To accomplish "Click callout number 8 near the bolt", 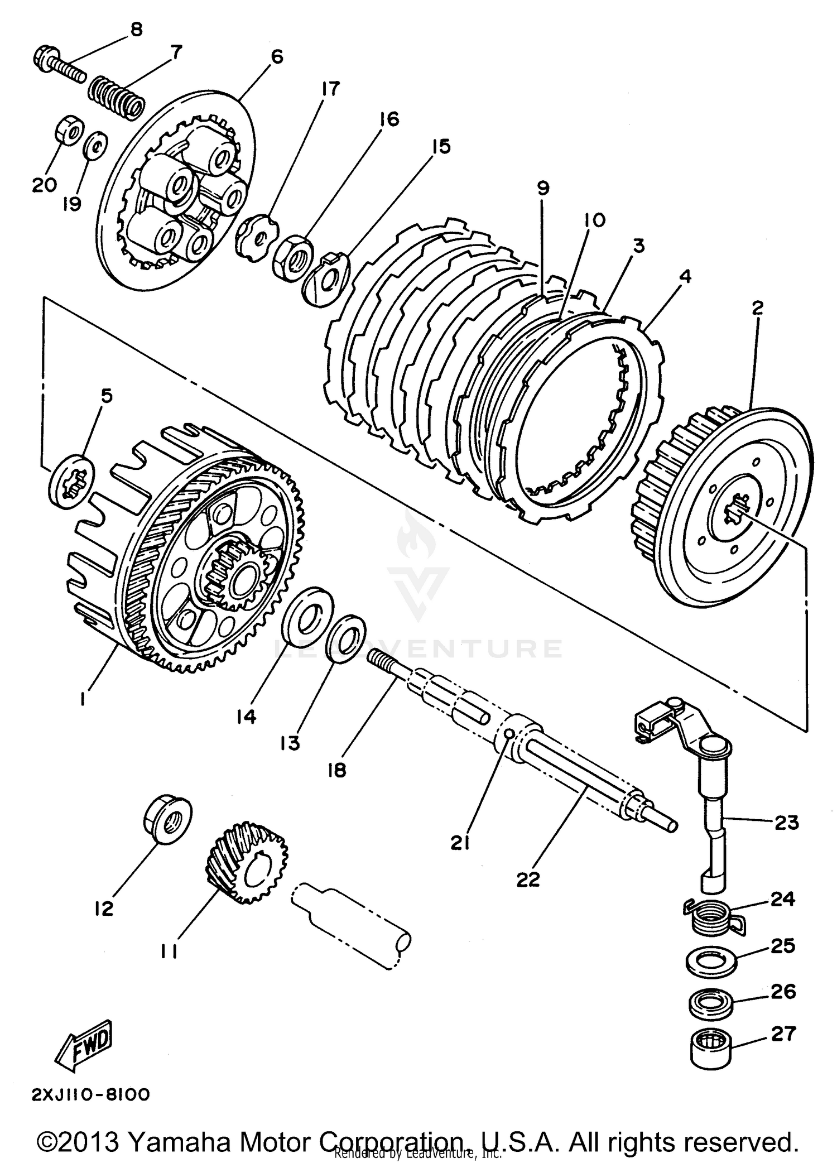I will (x=136, y=29).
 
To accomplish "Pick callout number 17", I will (x=330, y=89).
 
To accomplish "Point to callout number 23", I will (x=787, y=821).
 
